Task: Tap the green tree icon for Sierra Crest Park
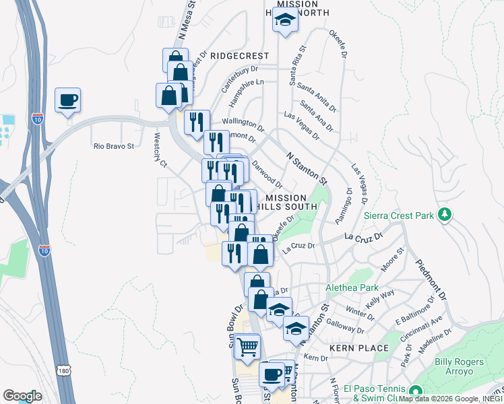click(444, 215)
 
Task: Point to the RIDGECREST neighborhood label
click(239, 56)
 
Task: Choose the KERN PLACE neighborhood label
click(359, 348)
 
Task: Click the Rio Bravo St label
click(114, 145)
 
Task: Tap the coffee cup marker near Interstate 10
click(68, 102)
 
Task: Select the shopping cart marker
click(248, 347)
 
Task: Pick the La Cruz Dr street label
click(363, 237)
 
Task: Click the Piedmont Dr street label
click(431, 280)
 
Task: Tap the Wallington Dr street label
click(243, 123)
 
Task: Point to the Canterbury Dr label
click(240, 79)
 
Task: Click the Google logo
click(22, 396)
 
